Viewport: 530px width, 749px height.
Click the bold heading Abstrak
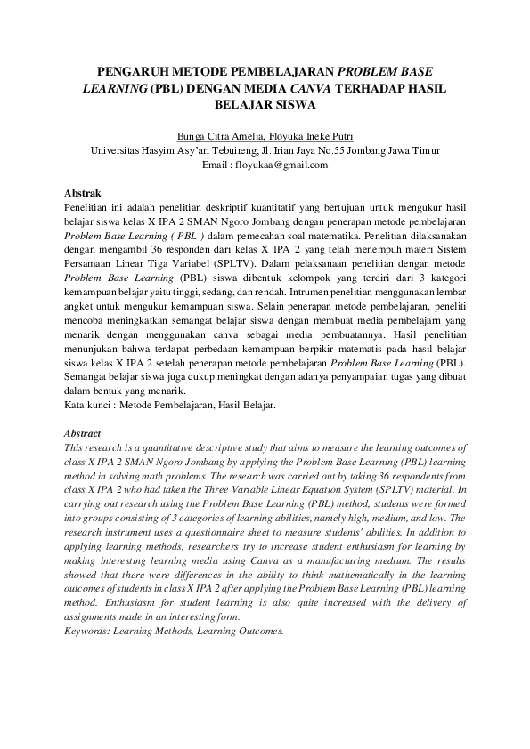click(x=84, y=192)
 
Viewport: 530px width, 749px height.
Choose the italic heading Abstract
click(x=85, y=433)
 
